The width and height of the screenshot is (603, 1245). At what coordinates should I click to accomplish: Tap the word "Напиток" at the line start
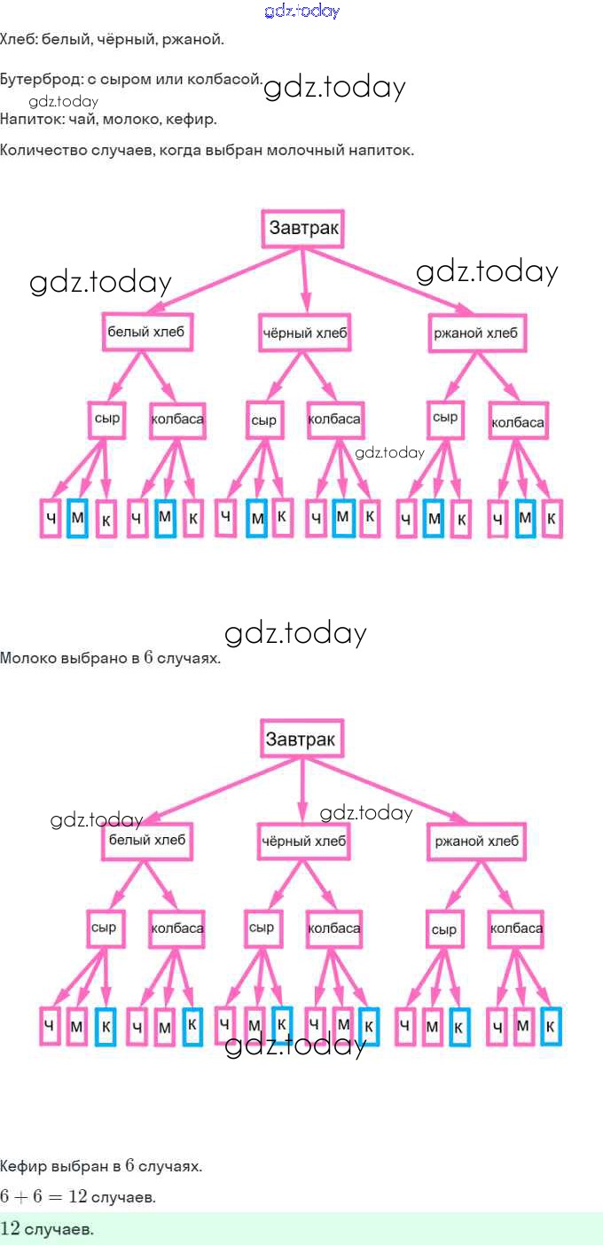(30, 118)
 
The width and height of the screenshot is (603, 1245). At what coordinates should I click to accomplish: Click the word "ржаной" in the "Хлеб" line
(194, 39)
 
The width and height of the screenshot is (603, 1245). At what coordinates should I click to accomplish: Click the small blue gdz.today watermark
(301, 12)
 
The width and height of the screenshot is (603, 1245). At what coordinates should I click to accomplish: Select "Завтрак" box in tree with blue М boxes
(303, 229)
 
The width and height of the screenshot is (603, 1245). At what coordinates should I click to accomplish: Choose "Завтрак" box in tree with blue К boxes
(301, 738)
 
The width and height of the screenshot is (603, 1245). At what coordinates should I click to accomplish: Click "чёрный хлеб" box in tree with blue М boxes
(305, 333)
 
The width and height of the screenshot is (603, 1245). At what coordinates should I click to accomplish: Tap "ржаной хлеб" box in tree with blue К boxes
(475, 841)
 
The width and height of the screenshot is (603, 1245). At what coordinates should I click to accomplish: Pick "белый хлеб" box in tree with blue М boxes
(145, 333)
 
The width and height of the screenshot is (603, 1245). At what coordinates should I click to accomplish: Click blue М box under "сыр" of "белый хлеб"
(77, 519)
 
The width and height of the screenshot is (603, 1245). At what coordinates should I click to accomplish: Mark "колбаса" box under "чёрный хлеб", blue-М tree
(334, 418)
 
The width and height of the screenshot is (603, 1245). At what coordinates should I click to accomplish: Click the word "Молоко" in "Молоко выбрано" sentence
(27, 658)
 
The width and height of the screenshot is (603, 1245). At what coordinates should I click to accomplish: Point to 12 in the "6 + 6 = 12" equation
(77, 1197)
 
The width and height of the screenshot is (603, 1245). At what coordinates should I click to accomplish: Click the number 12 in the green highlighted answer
(11, 1229)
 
